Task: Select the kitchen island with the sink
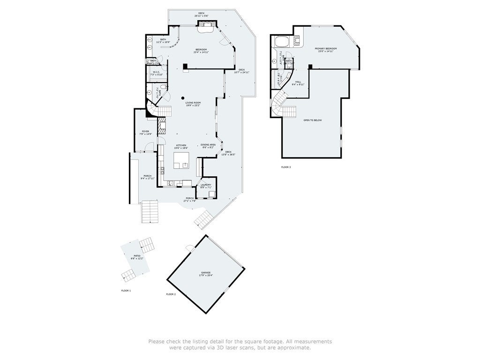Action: click(182, 159)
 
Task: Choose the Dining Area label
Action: click(208, 146)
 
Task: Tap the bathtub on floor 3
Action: click(283, 41)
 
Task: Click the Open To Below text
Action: click(312, 120)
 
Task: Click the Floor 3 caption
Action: click(286, 167)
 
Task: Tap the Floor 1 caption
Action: click(126, 291)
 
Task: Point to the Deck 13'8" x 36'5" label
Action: click(228, 153)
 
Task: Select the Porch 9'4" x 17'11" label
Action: click(147, 177)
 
